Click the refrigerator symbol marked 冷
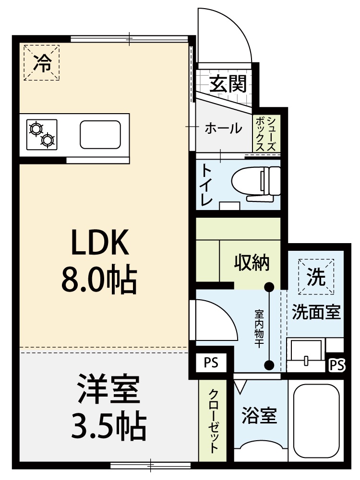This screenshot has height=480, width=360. pos(42,63)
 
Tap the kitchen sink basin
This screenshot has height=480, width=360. pos(100,135)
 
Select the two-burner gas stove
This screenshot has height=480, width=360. pos(42,135)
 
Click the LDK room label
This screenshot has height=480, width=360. pos(100,242)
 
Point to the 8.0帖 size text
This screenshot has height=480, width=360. pos(99,279)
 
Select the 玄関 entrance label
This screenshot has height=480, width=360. pos(228,83)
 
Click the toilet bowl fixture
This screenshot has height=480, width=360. pos(256,184)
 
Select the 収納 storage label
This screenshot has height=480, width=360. pos(252,262)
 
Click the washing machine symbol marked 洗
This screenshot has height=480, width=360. pos(316,277)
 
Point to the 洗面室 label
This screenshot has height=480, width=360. pos(316,312)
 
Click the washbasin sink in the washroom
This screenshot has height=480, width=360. pos(305,355)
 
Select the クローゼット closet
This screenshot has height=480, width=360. pos(213,425)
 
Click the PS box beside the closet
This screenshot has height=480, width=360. pos(211,363)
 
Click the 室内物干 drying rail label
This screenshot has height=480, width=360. pos(259,329)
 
